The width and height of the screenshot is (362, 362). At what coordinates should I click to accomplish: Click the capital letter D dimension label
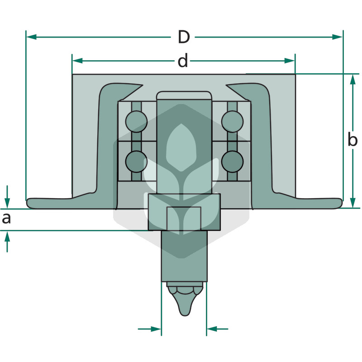(184, 37)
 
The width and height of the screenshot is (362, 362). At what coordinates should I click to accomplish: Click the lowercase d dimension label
(183, 61)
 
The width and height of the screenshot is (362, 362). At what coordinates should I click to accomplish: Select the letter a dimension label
(6, 219)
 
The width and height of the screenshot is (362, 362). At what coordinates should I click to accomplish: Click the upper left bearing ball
(137, 122)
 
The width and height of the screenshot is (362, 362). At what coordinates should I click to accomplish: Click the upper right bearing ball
(232, 122)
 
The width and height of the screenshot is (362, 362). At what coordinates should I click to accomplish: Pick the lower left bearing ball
(137, 162)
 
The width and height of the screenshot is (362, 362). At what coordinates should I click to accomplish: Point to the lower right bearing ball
(232, 162)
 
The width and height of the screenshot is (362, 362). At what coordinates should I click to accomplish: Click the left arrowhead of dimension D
(31, 37)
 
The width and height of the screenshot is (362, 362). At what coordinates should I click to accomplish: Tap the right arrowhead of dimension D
(337, 37)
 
